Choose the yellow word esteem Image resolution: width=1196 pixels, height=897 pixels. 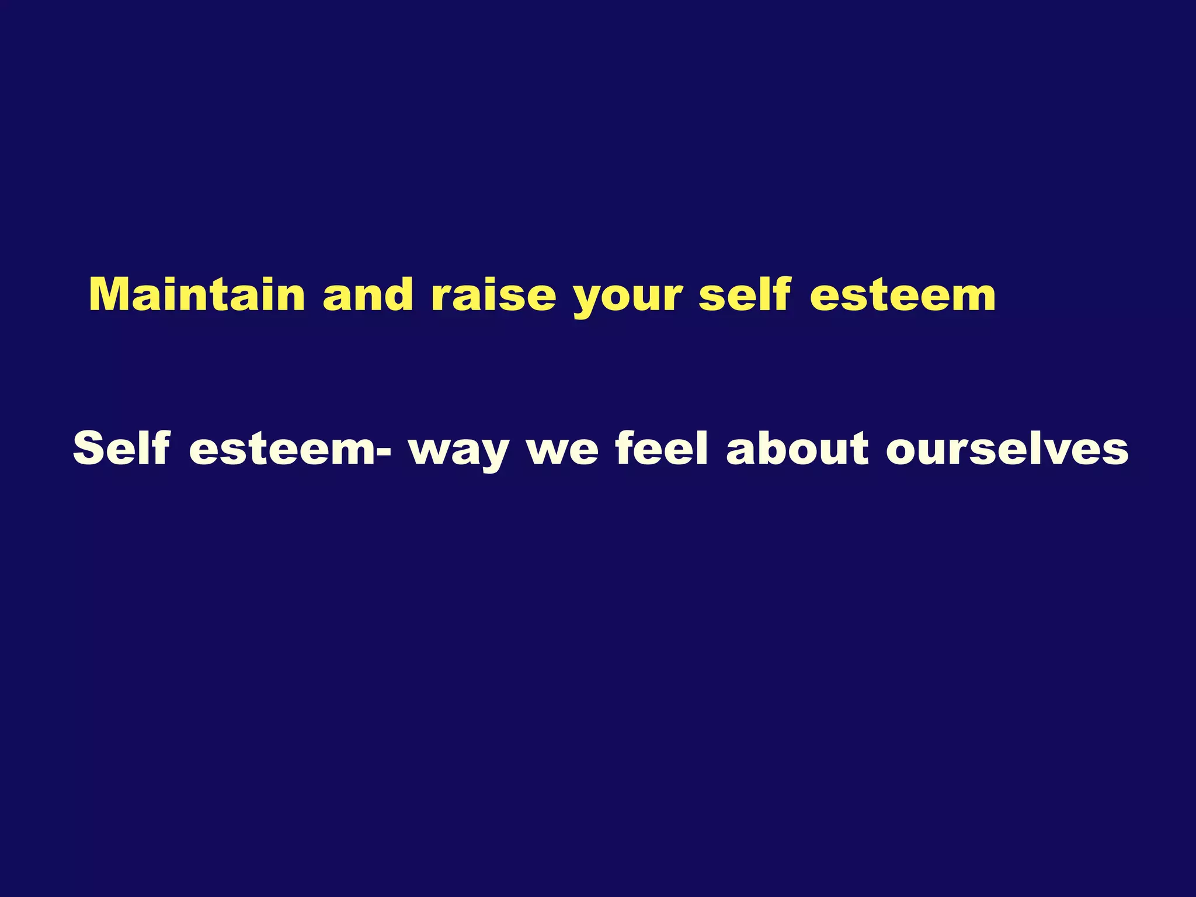coord(903,295)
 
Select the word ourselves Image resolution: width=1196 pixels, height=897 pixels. coord(1007,450)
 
